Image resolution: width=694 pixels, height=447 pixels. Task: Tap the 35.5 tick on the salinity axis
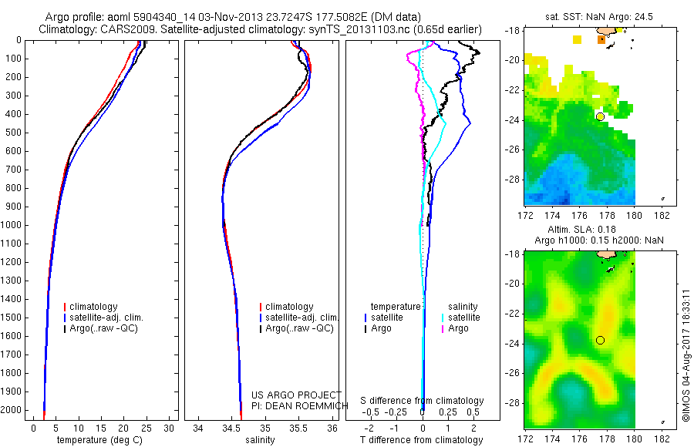(x=298, y=428)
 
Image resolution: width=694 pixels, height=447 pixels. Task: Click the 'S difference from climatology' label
(x=422, y=402)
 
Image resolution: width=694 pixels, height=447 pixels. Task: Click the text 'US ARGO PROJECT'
(x=295, y=395)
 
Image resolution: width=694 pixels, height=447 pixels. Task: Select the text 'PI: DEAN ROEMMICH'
(x=295, y=405)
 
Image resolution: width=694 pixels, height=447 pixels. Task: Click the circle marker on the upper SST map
(x=600, y=116)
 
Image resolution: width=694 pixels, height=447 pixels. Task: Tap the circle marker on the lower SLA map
(x=600, y=340)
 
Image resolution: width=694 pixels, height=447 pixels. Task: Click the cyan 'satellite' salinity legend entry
(x=464, y=318)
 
